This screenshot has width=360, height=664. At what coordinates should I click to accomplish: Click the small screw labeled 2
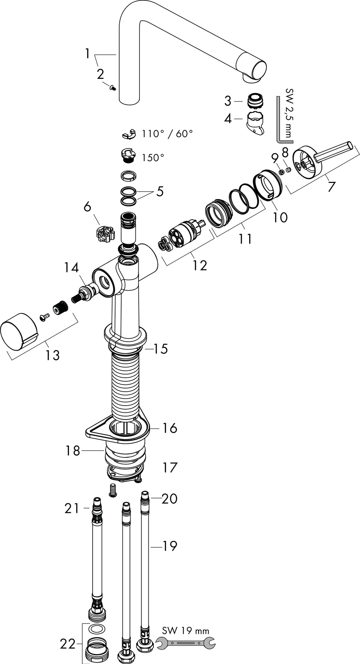coord(113,87)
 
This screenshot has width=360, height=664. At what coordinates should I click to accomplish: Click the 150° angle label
coord(153,158)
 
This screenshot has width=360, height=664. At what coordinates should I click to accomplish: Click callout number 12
coord(200,265)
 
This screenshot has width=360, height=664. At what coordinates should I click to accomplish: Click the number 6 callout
coord(87,207)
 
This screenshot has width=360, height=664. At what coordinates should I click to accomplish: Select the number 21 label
coord(72,508)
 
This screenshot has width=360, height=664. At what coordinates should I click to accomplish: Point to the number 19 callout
coord(170,546)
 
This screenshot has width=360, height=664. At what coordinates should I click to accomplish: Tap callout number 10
coord(280,217)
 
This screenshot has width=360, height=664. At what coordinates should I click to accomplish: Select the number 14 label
coord(71,268)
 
